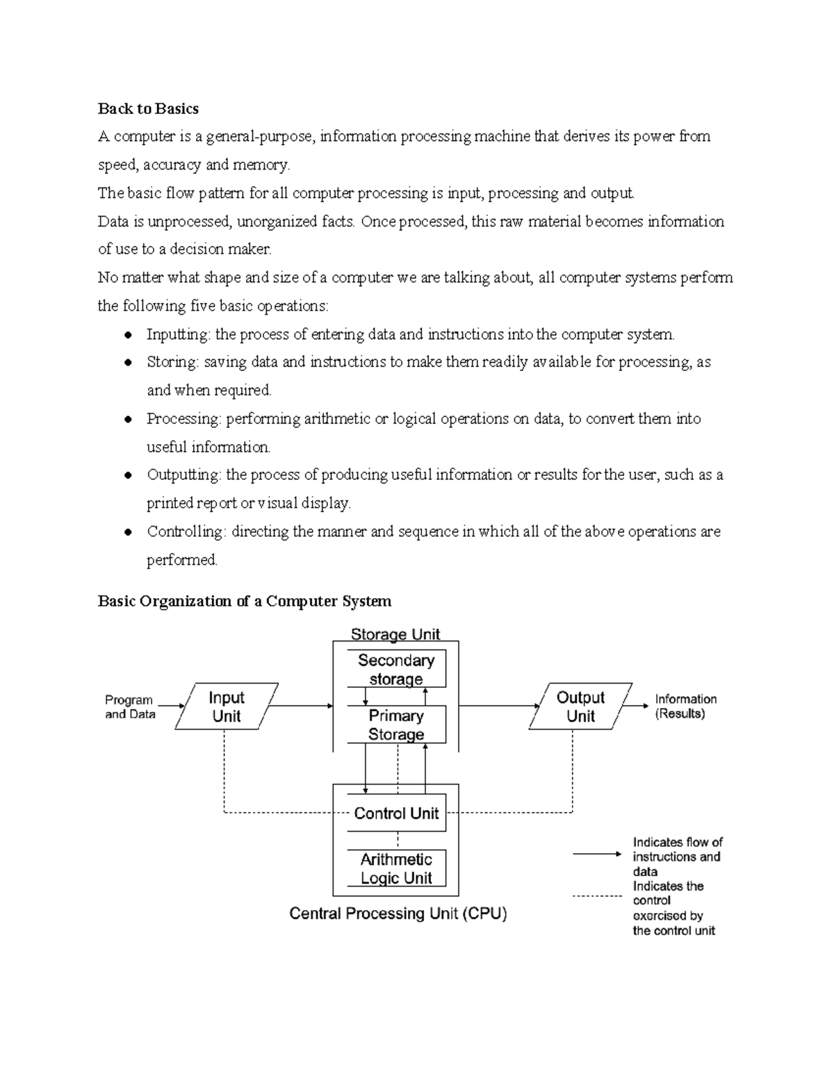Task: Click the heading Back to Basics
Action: point(148,108)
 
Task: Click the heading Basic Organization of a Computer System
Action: point(245,601)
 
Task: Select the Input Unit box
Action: point(227,707)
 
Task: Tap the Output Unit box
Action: point(580,707)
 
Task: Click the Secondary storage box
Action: point(396,669)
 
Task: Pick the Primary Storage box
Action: point(396,725)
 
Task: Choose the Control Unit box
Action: point(396,813)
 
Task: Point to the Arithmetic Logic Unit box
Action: point(396,868)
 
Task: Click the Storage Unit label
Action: point(395,634)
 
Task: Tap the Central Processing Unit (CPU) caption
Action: point(398,914)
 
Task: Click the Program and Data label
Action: point(130,707)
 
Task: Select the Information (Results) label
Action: point(685,706)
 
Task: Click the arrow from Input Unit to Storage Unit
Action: point(301,706)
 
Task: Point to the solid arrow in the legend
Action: point(597,853)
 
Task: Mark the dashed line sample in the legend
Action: point(597,896)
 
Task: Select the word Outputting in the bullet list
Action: point(183,475)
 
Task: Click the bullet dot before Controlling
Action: point(128,532)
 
